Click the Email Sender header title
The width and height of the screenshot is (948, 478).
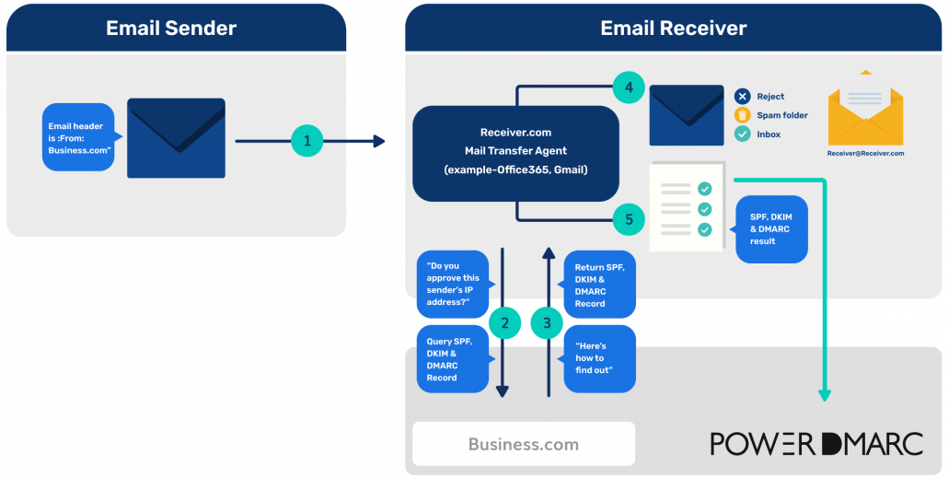(x=171, y=28)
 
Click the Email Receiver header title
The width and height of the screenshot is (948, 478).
(x=673, y=28)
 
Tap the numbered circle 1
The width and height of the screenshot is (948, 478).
(x=307, y=141)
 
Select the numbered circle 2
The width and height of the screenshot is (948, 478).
(x=503, y=322)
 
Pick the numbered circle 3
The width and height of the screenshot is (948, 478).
(x=548, y=322)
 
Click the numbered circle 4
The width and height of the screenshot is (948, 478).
(x=629, y=87)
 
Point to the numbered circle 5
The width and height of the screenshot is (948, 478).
(x=629, y=219)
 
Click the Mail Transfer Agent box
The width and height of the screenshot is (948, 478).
(x=515, y=152)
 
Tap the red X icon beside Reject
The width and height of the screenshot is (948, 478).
(x=742, y=97)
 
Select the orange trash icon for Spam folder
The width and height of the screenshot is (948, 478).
(x=742, y=115)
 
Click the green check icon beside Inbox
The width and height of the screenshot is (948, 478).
(x=742, y=134)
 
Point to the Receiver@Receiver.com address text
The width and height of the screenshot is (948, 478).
(x=865, y=154)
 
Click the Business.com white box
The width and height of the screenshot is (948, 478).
(x=523, y=444)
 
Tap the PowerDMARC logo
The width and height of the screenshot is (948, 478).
(x=815, y=444)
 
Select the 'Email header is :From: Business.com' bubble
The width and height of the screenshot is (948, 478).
(x=79, y=137)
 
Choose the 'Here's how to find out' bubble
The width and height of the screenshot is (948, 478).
(x=599, y=358)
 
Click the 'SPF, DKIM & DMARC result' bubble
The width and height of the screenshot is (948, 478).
(x=771, y=228)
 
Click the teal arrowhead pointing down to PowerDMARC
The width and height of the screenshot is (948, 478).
(x=824, y=394)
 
